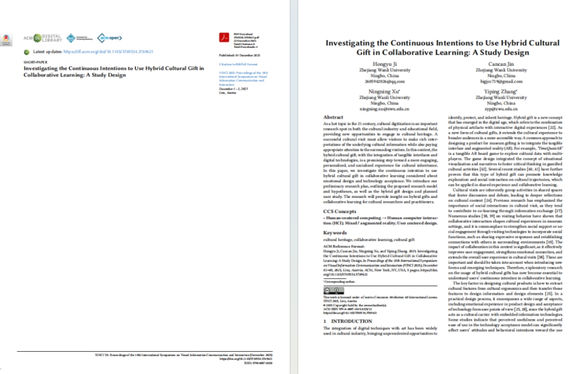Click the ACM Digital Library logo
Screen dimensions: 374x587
click(42, 38)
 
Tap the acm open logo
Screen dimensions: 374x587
click(110, 38)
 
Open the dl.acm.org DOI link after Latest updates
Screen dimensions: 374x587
click(108, 51)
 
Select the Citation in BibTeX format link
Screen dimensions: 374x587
click(235, 64)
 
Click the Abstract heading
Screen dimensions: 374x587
click(333, 117)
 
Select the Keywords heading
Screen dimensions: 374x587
click(335, 232)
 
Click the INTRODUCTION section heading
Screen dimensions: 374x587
click(351, 321)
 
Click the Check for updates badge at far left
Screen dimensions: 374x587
click(6, 39)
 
